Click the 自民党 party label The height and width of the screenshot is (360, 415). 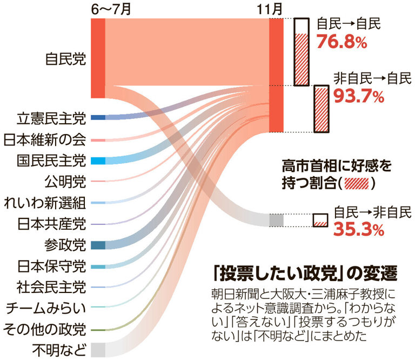(x=65, y=58)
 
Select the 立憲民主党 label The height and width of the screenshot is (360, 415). (x=51, y=117)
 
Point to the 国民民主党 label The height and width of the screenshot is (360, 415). (x=51, y=161)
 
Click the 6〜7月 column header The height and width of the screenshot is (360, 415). (x=111, y=9)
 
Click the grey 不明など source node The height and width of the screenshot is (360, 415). (x=98, y=349)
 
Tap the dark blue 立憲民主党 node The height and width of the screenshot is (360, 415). (x=98, y=117)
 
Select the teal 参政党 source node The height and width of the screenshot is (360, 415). (x=98, y=245)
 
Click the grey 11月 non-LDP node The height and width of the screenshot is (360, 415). (x=276, y=220)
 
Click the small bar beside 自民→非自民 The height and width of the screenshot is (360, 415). (x=320, y=220)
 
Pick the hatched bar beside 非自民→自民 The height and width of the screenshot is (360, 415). (x=321, y=108)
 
